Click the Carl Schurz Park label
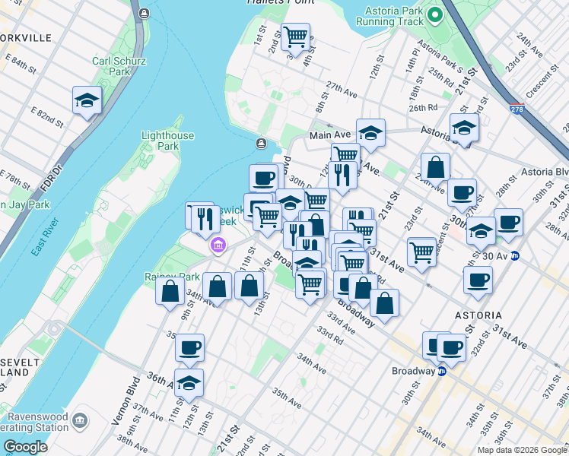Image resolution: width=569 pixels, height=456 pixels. (113, 66)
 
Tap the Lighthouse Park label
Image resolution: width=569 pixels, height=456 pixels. (159, 141)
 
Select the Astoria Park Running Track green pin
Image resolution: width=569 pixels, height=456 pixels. (434, 14)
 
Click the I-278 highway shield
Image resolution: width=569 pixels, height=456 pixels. (517, 109)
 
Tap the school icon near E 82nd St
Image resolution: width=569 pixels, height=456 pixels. (87, 100)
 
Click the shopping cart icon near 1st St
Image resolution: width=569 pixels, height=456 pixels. (294, 35)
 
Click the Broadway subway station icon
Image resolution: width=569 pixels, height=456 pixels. (441, 372)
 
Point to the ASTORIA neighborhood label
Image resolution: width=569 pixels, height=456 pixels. (477, 315)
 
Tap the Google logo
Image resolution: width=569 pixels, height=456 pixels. (25, 447)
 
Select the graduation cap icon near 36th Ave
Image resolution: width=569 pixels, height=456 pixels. (189, 384)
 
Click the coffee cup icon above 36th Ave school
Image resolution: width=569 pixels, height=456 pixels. (190, 348)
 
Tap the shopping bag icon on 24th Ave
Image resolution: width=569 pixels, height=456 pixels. (435, 166)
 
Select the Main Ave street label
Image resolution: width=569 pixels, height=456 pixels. (328, 135)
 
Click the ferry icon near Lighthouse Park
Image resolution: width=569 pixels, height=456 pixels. (261, 143)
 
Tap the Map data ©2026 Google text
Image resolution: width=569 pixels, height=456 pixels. (521, 450)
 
